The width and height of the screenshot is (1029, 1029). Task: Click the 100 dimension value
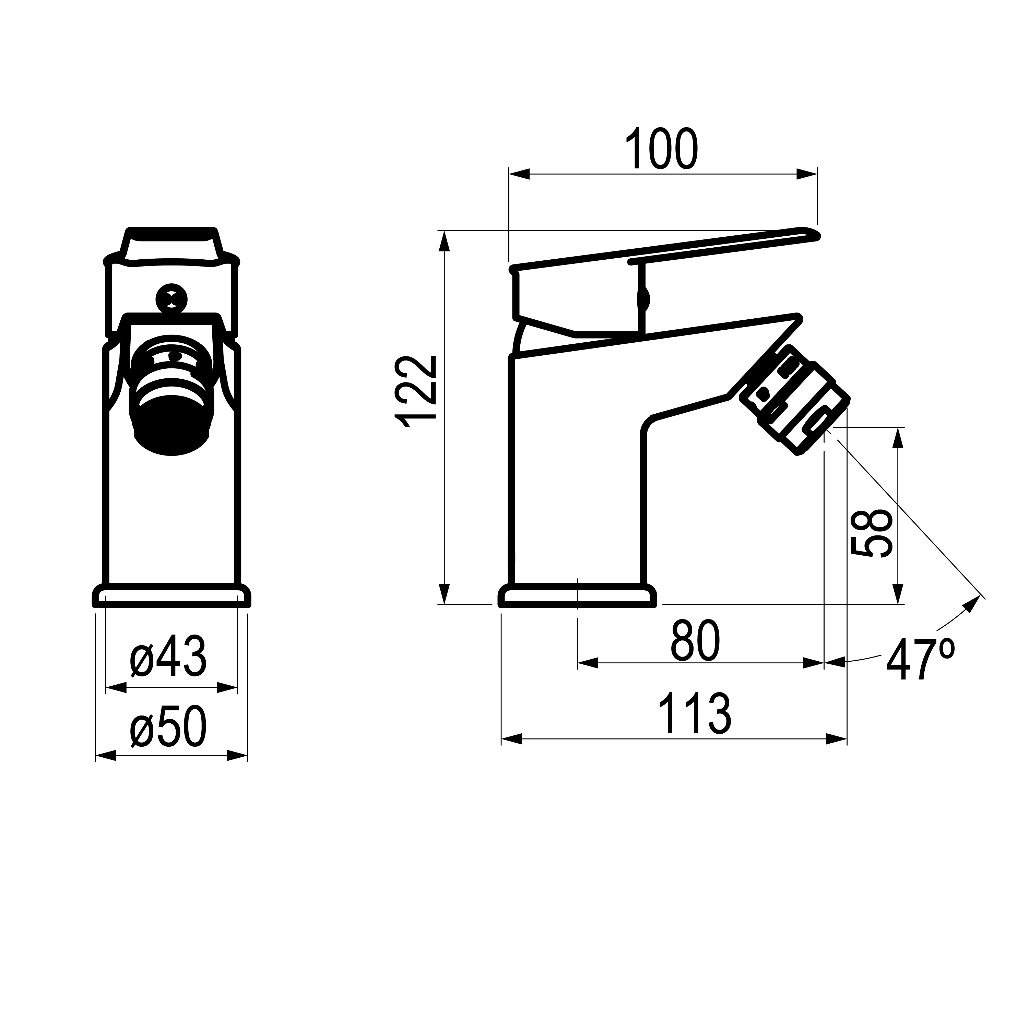[x=661, y=148]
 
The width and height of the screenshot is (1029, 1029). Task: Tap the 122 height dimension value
[x=416, y=391]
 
